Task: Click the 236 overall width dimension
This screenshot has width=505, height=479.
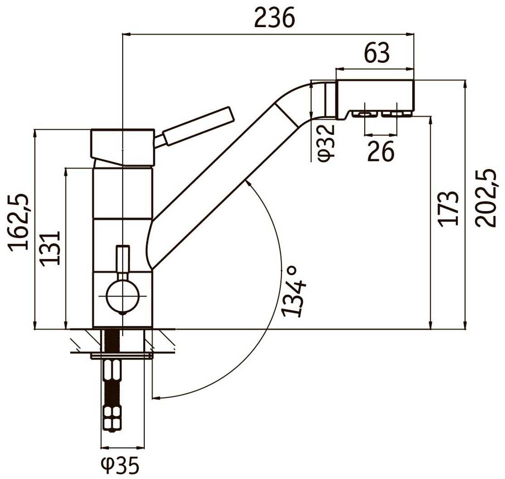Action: [x=274, y=18]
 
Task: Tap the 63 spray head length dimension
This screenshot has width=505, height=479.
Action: [x=376, y=53]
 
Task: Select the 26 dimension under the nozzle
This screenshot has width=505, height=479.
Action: [x=381, y=151]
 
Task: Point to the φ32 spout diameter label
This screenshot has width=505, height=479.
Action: [x=326, y=141]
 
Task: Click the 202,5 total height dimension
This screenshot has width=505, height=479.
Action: [x=486, y=198]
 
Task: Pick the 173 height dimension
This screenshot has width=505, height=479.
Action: [x=448, y=209]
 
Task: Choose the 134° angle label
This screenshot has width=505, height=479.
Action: [x=293, y=291]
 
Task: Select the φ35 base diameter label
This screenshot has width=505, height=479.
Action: [x=120, y=465]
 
